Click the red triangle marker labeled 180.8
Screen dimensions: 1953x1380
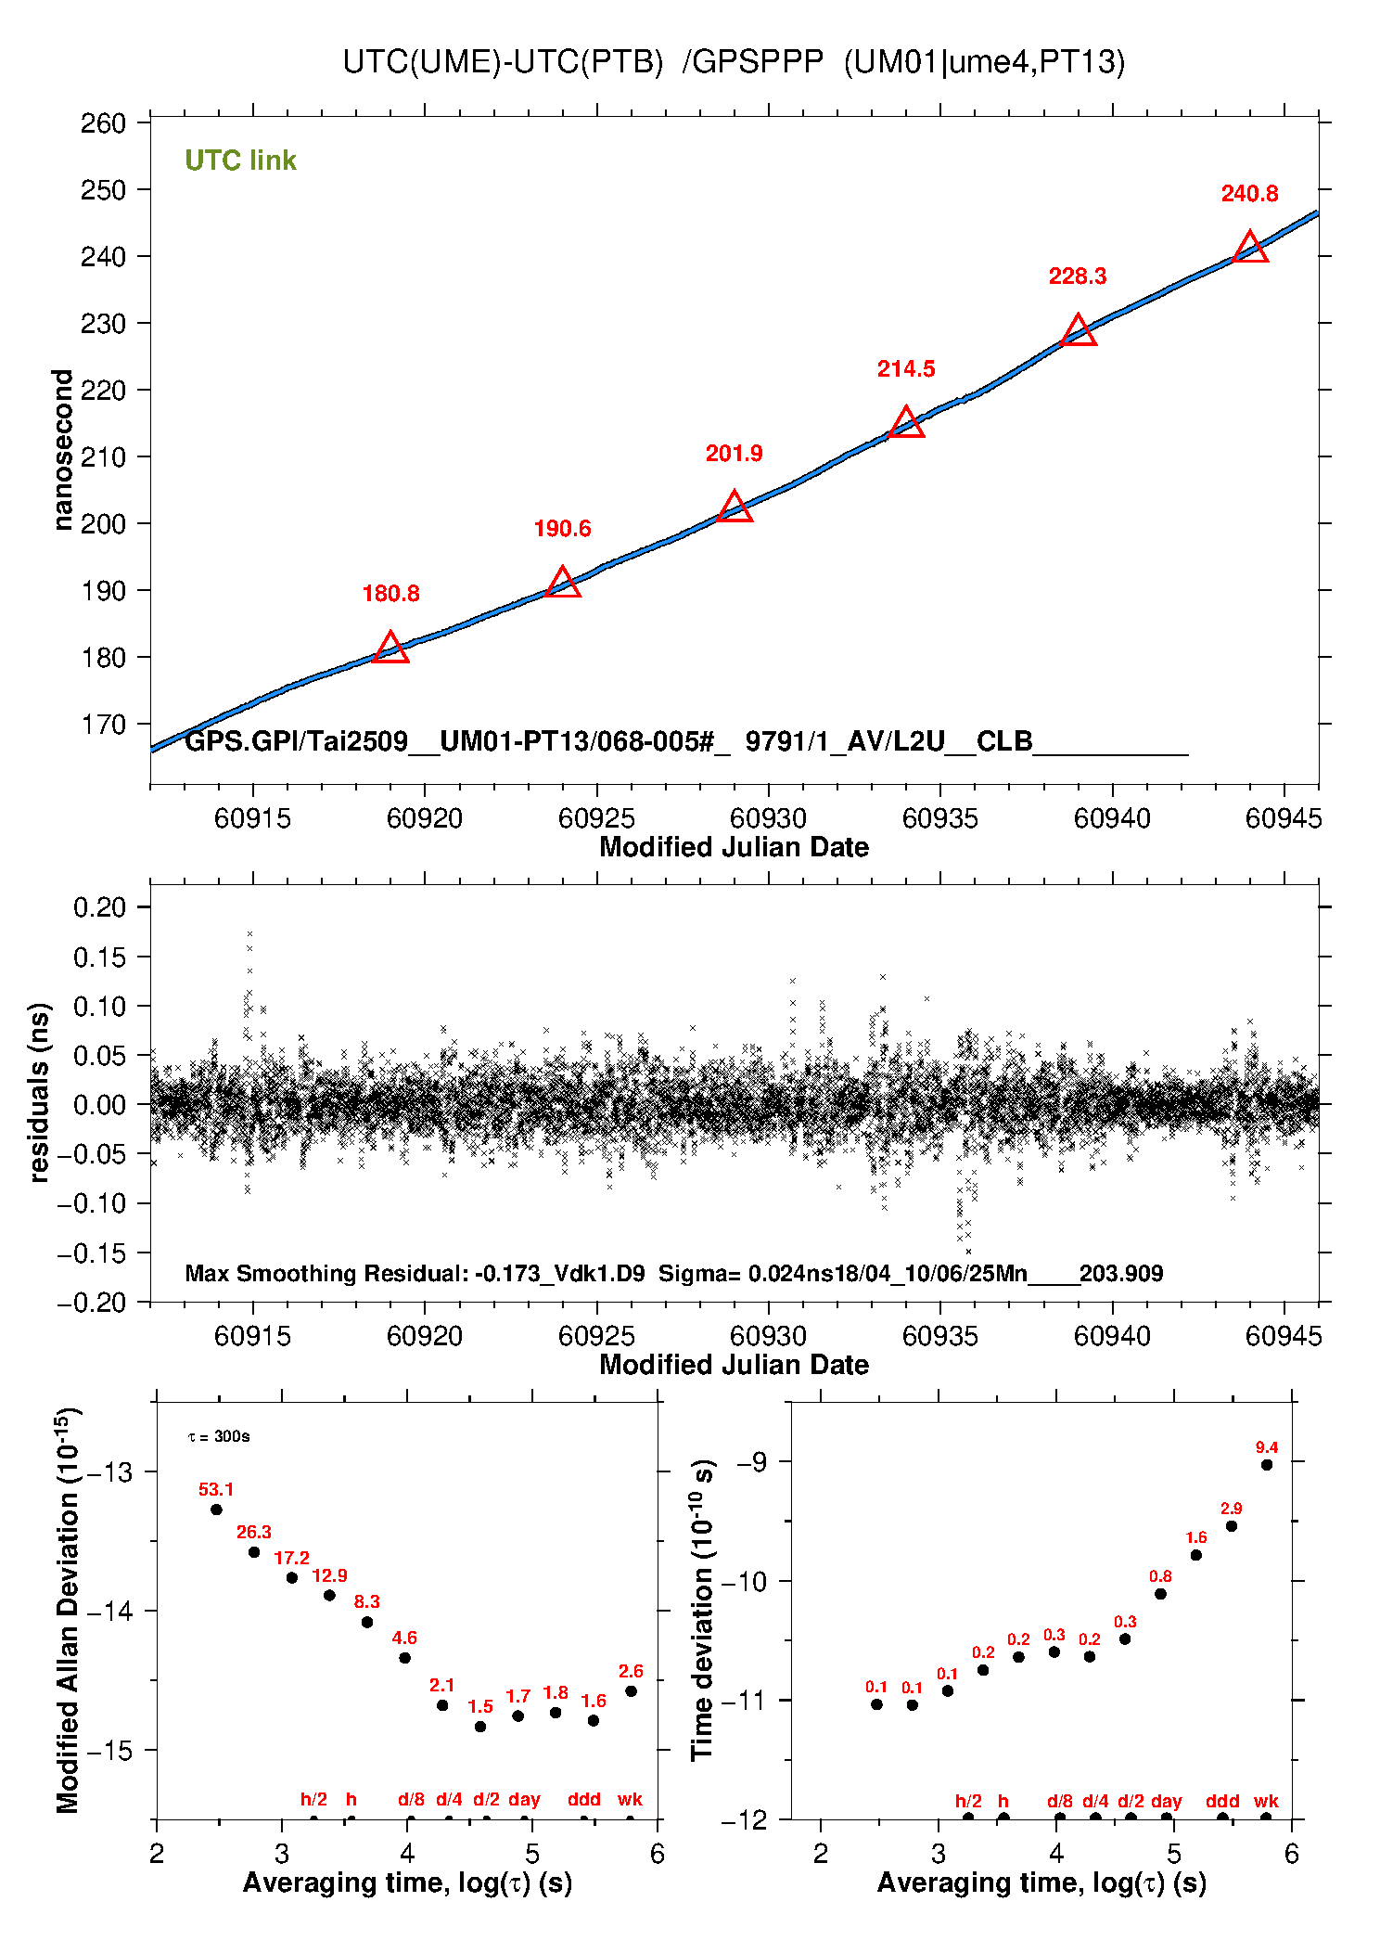coord(390,649)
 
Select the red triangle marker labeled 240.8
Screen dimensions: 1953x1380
coord(1250,249)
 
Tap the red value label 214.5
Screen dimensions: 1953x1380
coord(906,369)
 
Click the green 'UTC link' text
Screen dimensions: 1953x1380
coord(240,161)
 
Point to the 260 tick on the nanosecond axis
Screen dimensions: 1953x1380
coord(103,123)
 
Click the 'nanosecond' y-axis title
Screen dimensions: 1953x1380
coord(62,450)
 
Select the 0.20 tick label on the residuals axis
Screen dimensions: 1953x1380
coord(99,907)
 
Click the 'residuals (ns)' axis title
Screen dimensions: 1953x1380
coord(39,1092)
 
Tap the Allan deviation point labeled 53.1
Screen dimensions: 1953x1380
coord(216,1510)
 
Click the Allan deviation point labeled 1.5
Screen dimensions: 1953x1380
coord(480,1727)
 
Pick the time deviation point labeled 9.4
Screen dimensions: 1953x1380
coord(1267,1465)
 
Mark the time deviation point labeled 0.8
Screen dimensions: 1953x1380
coord(1160,1594)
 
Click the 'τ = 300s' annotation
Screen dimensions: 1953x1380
coord(219,1437)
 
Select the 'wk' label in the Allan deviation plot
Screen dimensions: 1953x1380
coord(630,1800)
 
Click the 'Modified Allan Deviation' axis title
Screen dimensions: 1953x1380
coord(67,1610)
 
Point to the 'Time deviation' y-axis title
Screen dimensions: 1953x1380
coord(702,1610)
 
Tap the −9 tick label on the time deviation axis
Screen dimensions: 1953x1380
coord(751,1462)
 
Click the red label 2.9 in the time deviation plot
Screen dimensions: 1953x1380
coord(1231,1509)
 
